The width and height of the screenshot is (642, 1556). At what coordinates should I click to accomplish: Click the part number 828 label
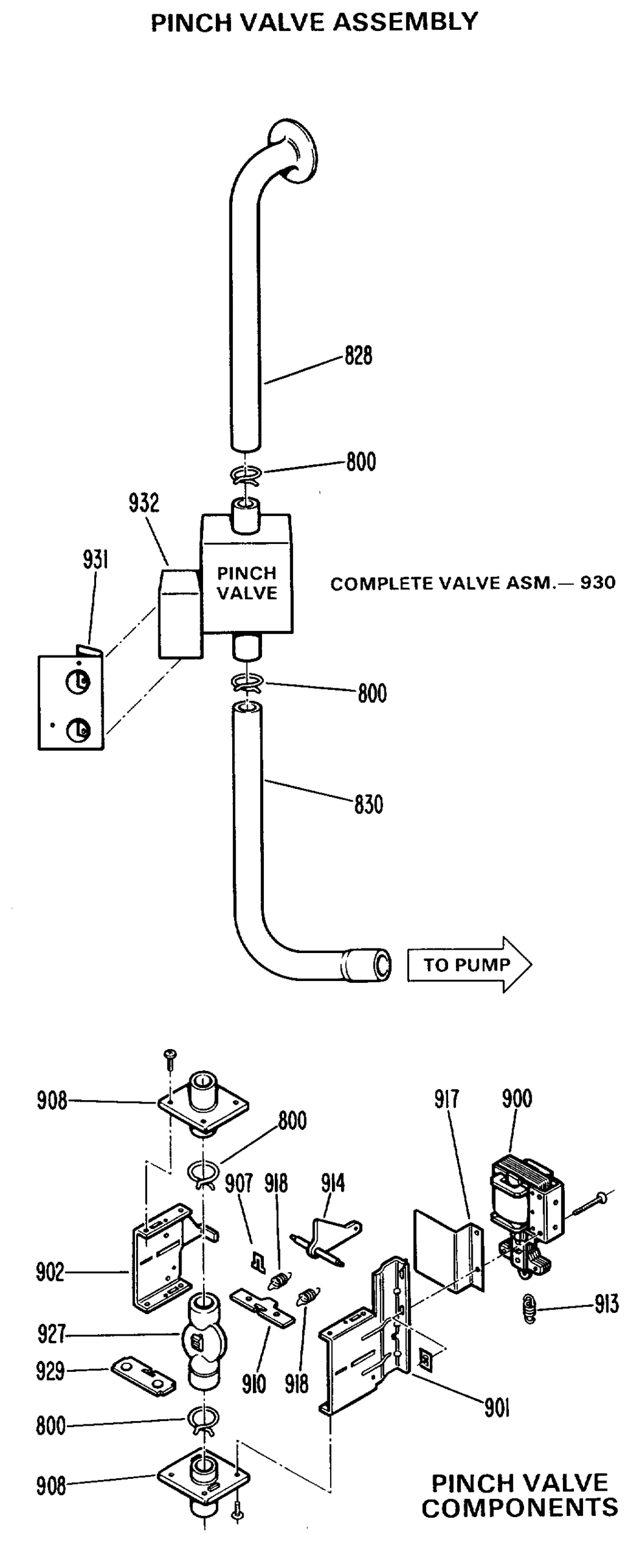358,356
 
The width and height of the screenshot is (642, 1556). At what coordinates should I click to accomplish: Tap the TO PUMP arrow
469,965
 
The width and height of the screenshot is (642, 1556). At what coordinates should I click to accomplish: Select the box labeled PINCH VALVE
246,574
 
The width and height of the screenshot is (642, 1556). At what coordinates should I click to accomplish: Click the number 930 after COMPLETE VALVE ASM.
597,583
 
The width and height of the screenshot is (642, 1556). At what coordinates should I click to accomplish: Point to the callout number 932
144,503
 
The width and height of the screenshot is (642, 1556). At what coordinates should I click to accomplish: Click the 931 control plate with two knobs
71,703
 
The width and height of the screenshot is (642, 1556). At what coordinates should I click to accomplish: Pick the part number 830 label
368,805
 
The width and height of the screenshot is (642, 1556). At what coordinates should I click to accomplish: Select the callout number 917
447,1100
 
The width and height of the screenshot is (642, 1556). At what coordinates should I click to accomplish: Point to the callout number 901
497,1408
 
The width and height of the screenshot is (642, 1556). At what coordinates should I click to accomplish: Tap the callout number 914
333,1184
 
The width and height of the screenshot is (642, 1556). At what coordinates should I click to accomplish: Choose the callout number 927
51,1334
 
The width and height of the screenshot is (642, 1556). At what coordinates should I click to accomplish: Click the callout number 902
51,1273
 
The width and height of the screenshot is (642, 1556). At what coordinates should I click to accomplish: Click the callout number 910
254,1384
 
